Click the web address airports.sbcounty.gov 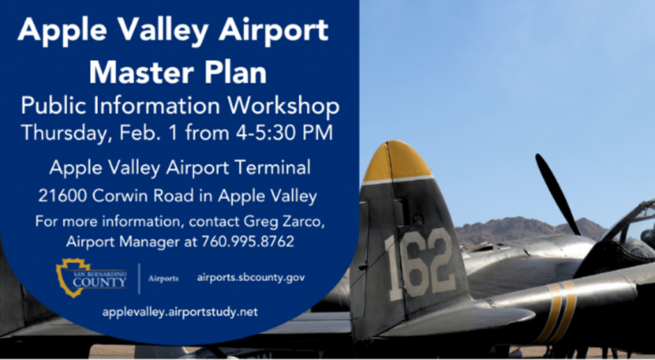[x=251, y=278]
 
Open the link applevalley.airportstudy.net [x=179, y=313]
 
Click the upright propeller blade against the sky [x=556, y=192]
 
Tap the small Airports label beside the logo [x=163, y=278]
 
